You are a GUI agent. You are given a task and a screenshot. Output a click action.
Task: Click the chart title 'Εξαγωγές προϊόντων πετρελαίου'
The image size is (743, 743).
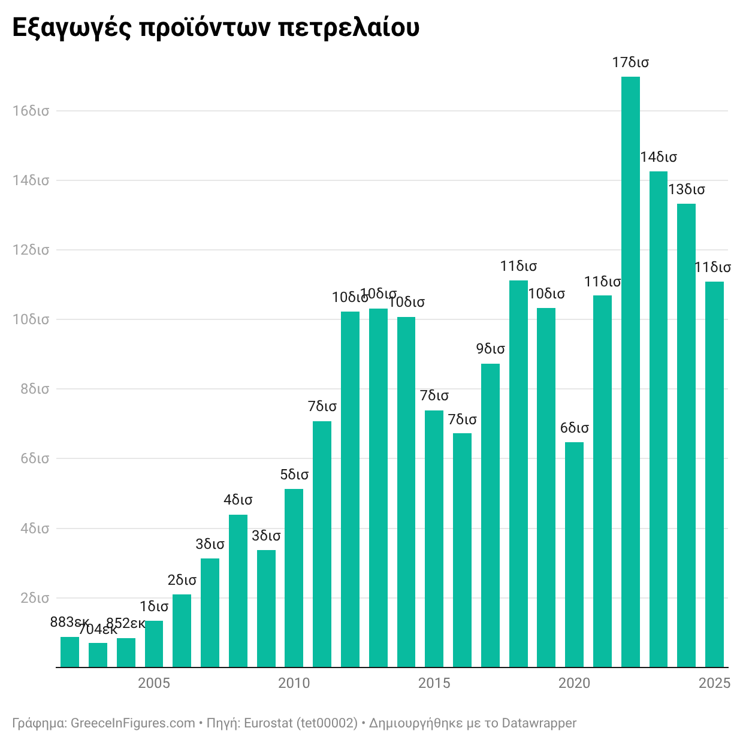point(216,28)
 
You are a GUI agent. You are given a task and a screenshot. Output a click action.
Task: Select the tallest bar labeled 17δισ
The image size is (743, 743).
point(630,371)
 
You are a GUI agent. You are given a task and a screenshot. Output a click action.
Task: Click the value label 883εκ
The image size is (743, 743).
point(69,622)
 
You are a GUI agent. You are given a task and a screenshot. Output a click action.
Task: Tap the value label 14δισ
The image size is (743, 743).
point(659,157)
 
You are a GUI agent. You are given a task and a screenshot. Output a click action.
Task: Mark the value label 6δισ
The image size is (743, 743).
point(574,428)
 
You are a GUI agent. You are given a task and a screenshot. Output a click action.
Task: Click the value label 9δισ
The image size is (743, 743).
point(490,349)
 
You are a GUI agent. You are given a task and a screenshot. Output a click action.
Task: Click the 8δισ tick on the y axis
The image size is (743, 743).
point(35,389)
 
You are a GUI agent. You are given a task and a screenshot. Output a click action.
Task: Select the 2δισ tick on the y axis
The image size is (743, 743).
point(35,598)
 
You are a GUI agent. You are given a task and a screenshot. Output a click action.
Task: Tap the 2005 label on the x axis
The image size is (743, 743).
point(154,683)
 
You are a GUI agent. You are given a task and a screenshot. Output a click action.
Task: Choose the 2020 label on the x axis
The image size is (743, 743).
point(574,683)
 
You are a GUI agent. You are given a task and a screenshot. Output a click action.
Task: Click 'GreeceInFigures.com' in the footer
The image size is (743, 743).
point(133,723)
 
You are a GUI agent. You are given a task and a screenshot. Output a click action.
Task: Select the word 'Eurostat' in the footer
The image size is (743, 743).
point(267,723)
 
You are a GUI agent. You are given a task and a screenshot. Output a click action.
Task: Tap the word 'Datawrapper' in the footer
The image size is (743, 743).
point(539,723)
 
